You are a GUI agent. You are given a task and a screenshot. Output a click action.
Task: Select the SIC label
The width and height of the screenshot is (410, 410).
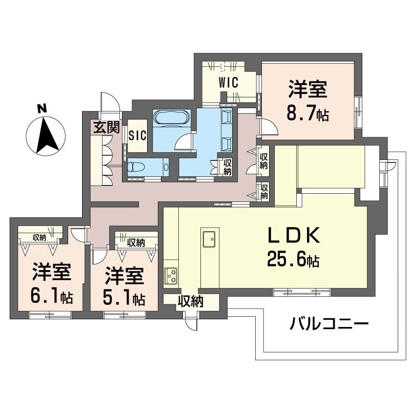pos(137,136)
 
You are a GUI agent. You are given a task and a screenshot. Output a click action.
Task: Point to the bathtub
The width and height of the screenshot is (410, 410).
pos(172,118)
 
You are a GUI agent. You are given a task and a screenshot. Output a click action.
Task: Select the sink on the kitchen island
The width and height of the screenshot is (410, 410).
pos(210,238)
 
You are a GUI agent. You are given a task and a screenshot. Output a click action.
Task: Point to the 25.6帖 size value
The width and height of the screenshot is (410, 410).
pos(293,260)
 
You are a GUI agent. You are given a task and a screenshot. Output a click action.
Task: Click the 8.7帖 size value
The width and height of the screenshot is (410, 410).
pos(307,114)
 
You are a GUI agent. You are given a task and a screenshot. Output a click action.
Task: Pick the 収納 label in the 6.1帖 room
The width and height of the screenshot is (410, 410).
pos(39,237)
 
